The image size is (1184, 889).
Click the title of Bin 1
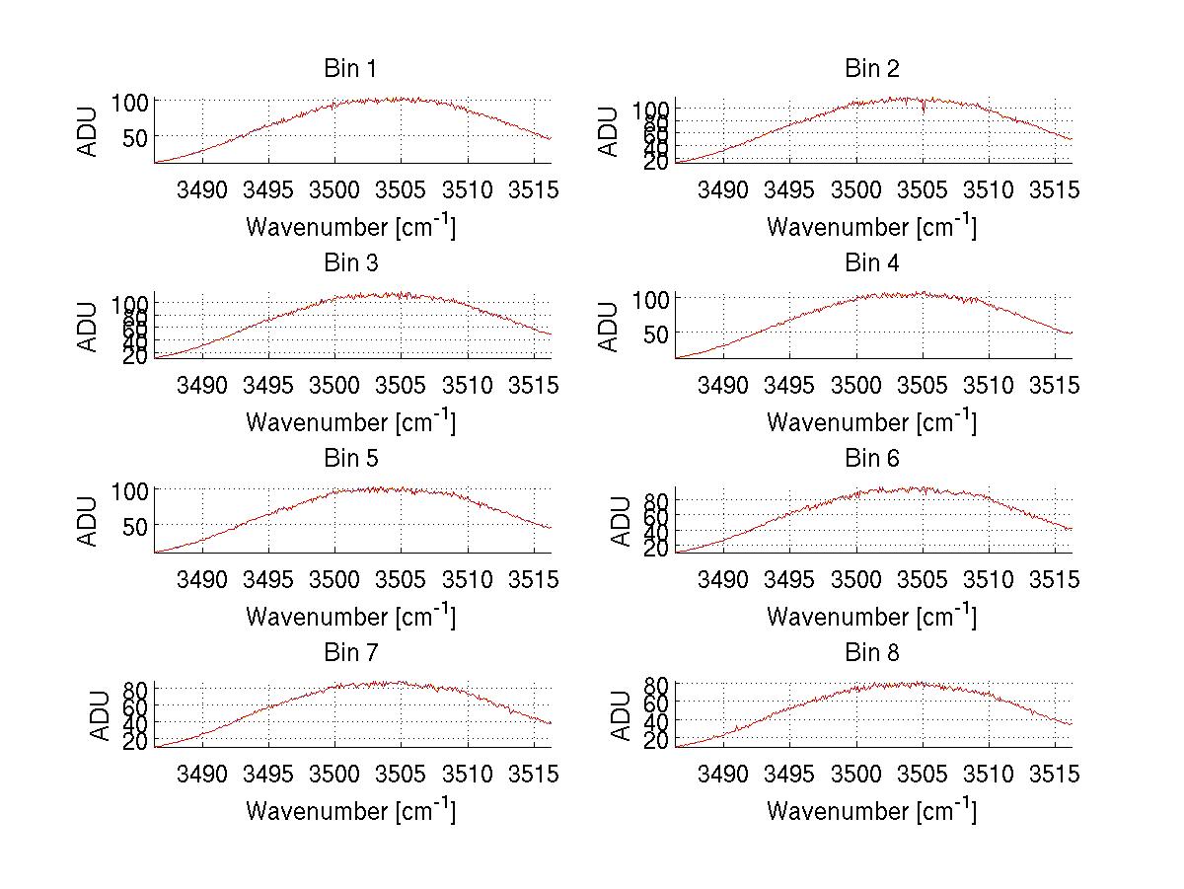pos(350,69)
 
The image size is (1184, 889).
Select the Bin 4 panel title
pos(872,263)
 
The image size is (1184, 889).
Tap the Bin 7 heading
pos(350,653)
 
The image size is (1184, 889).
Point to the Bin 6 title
pos(872,459)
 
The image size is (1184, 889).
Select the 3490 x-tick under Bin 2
pos(723,189)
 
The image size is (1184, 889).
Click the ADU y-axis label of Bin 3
pos(89,327)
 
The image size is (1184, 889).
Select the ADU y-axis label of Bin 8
pos(622,716)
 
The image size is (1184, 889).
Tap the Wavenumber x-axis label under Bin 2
pos(872,227)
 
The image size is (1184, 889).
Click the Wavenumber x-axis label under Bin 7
pos(350,811)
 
